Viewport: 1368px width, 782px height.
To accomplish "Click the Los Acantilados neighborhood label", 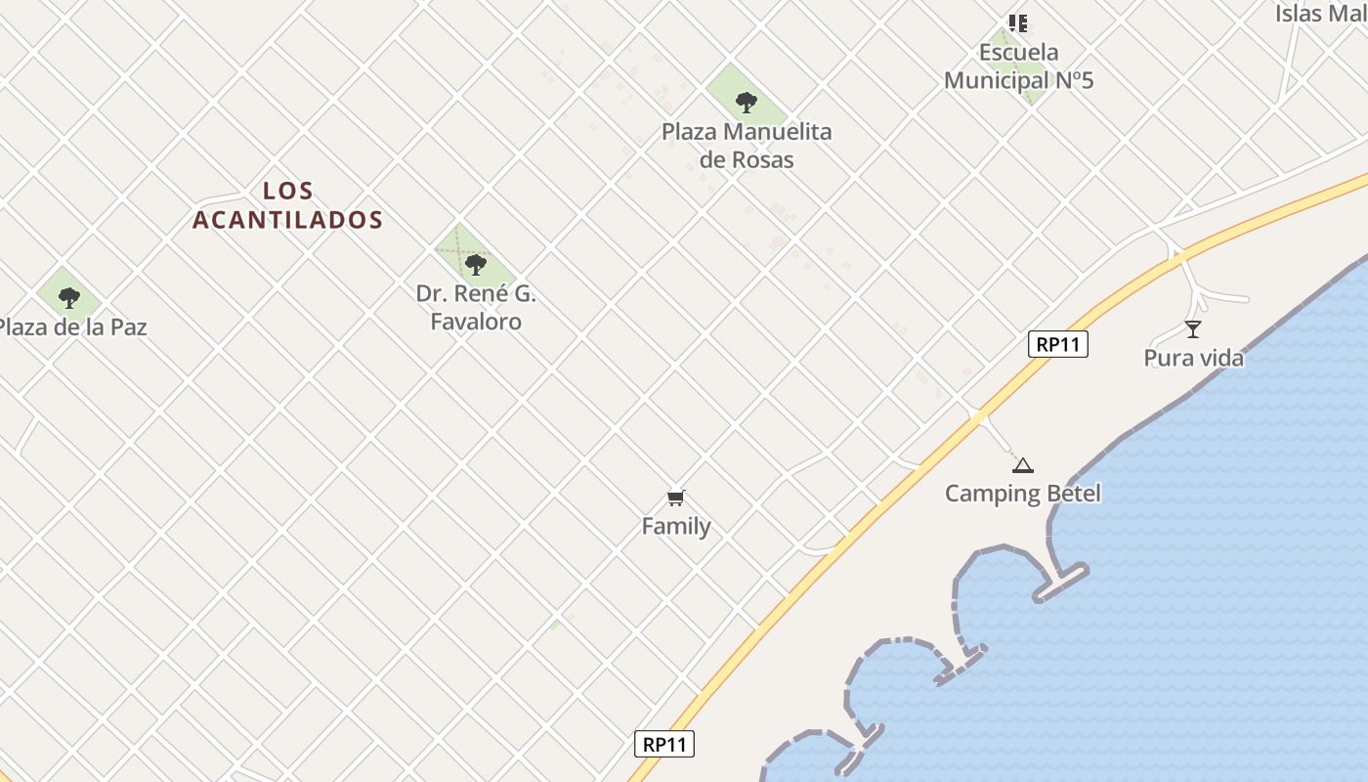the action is click(287, 205).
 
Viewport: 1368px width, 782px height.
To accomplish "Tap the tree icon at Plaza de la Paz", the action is click(68, 297).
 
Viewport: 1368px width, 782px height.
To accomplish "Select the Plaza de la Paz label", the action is click(72, 327).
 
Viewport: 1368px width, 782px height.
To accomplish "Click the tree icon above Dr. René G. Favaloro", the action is click(476, 264).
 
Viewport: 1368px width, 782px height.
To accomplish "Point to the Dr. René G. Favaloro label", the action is click(476, 308).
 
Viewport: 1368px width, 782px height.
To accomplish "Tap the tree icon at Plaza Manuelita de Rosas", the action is click(746, 102).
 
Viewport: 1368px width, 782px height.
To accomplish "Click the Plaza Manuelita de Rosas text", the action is click(747, 146).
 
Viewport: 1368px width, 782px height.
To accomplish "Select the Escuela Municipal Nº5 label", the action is click(1018, 66).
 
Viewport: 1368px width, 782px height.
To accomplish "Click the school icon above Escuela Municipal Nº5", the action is click(1018, 22).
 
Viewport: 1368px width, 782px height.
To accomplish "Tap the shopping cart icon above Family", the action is click(675, 499).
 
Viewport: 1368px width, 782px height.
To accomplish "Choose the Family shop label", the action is click(676, 527).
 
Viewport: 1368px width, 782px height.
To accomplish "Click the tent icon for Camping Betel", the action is click(1022, 465).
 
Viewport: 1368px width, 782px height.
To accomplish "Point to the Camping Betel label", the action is click(1022, 494).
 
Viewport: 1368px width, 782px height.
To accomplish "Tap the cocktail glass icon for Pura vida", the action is click(1192, 329).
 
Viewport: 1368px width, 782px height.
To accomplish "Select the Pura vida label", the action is click(1194, 359).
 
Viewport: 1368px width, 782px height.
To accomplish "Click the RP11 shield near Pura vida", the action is click(1058, 344).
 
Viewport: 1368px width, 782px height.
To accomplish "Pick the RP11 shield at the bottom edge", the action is click(664, 744).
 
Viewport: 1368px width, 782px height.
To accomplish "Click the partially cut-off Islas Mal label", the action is click(1320, 14).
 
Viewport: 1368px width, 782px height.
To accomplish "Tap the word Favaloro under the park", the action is click(476, 322).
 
